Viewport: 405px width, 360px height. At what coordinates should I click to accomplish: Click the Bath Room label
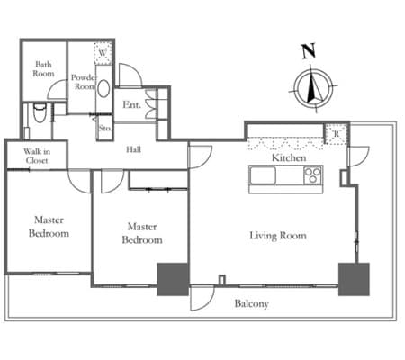point(43,69)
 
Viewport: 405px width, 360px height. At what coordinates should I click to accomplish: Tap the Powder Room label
point(85,82)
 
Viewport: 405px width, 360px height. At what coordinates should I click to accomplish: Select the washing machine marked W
point(103,53)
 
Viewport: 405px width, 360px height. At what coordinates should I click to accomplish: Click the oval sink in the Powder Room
point(103,88)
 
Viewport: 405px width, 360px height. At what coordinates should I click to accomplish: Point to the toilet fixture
point(39,112)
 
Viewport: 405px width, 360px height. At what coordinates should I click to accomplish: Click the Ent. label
point(131,104)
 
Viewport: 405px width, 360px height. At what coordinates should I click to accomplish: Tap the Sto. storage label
point(105,128)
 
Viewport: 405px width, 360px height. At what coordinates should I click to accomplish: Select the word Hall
point(133,149)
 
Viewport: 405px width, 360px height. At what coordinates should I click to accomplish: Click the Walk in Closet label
point(37,156)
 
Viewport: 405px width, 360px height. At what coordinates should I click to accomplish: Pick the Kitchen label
point(289,157)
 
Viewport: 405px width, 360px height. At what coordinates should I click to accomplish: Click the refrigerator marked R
point(337,134)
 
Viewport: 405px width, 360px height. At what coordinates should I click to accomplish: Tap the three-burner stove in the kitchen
point(313,175)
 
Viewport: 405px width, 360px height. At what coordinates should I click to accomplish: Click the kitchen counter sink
point(263,175)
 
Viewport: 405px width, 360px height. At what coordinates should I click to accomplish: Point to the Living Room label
point(278,236)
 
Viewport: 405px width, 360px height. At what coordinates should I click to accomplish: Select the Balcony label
point(251,303)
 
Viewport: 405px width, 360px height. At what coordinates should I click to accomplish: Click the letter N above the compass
point(309,51)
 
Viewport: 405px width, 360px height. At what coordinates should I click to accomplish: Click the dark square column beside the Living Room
point(354,279)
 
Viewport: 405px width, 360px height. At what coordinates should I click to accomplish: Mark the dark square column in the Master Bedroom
point(173,279)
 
